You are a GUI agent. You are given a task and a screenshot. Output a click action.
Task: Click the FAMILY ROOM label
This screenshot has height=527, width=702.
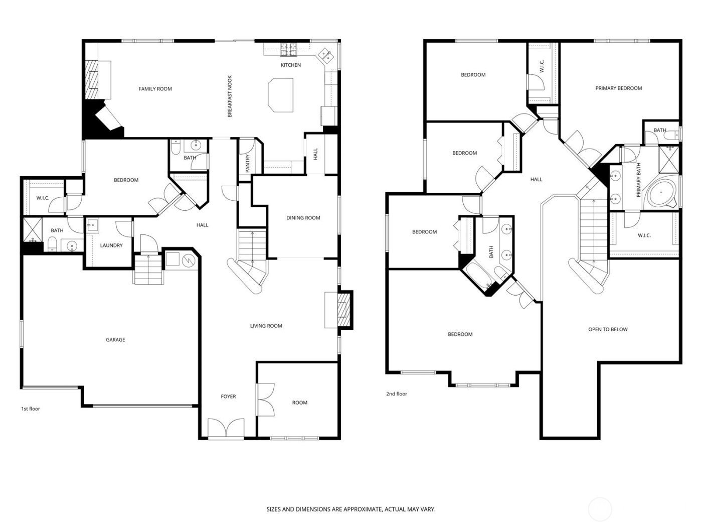[155, 89]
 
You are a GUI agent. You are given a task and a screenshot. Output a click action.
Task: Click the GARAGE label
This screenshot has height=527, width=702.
[115, 340]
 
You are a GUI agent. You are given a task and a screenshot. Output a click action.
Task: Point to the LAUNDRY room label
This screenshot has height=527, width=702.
[111, 245]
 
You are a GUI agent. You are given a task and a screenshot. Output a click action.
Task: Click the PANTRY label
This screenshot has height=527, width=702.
[247, 164]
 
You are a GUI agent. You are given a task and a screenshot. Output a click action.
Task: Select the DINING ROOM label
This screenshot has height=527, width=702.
[303, 218]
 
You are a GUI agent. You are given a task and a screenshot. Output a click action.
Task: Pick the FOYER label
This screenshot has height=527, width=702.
[228, 397]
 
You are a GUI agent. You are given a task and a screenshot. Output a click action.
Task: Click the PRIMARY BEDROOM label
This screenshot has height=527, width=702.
[618, 88]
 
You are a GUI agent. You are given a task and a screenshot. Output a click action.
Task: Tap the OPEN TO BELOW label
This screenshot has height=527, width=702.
[608, 330]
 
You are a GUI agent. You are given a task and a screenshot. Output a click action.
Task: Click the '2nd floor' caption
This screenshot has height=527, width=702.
[397, 394]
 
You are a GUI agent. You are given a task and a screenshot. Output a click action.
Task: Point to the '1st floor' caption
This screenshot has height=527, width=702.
[30, 409]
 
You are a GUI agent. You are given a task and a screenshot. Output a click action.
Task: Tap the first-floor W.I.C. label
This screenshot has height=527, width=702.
[43, 198]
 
